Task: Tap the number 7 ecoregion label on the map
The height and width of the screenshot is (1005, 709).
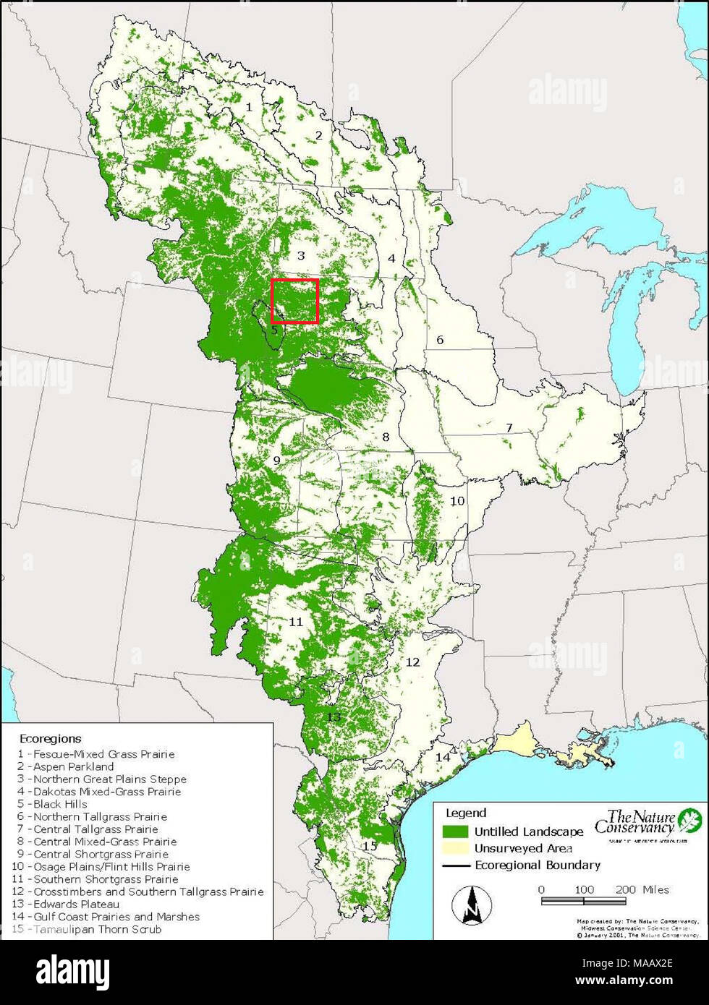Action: (x=509, y=428)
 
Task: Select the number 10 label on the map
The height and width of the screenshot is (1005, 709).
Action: (x=457, y=500)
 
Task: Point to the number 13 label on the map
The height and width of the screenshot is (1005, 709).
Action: (x=333, y=717)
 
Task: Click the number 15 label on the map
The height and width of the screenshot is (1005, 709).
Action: (x=370, y=846)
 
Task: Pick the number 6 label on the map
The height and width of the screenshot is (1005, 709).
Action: (x=439, y=340)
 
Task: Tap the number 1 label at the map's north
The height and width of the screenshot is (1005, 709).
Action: (x=249, y=107)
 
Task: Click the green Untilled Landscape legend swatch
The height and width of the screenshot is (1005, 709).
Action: (x=455, y=831)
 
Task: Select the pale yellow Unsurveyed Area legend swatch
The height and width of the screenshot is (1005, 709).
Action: (x=455, y=848)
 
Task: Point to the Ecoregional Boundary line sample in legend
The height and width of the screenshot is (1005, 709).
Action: (x=455, y=865)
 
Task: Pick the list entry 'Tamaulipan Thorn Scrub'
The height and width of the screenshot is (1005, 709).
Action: (x=97, y=929)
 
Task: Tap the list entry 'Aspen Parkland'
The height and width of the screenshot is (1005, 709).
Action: (x=73, y=766)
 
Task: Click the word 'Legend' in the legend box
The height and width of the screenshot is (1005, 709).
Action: (x=466, y=813)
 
